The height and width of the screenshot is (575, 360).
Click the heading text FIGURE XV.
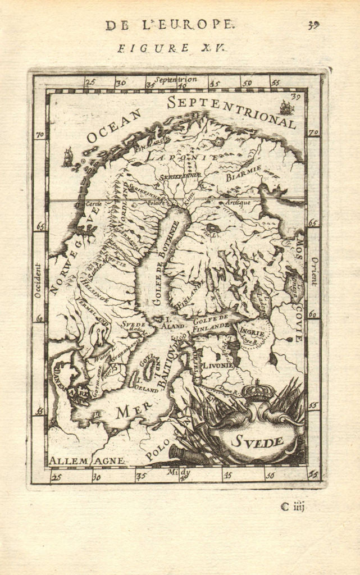pos(171,48)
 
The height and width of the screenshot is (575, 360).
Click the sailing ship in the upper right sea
pos(286,107)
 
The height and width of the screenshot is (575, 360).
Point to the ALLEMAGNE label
pos(86,460)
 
